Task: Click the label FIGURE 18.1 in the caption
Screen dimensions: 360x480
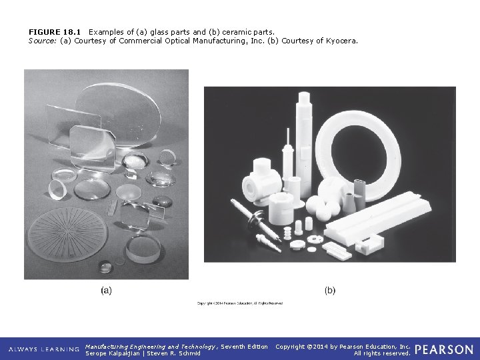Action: pyautogui.click(x=56, y=31)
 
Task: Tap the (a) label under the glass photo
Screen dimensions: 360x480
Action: pyautogui.click(x=106, y=290)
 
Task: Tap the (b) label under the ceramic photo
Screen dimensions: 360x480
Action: pyautogui.click(x=330, y=290)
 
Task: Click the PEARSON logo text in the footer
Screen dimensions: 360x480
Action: pyautogui.click(x=444, y=349)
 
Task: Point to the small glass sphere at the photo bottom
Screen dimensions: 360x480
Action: pyautogui.click(x=105, y=266)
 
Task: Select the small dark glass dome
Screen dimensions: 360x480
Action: pyautogui.click(x=162, y=201)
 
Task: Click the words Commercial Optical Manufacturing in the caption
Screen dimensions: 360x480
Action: pyautogui.click(x=173, y=41)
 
